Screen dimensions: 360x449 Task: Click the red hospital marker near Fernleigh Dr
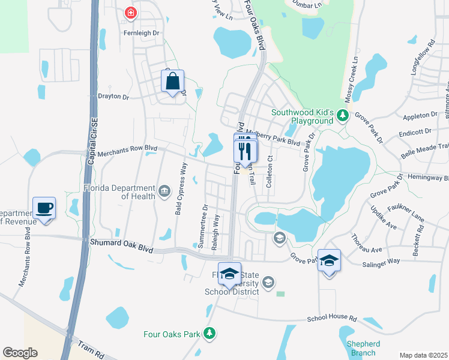point(130,13)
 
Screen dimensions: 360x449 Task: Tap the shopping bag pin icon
point(173,81)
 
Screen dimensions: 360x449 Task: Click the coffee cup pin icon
point(44,208)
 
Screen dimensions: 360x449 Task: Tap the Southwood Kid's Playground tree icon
point(342,114)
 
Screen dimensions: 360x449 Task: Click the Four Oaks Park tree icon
point(209,332)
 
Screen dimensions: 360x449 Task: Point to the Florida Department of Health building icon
point(164,191)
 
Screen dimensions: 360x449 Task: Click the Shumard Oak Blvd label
point(121,245)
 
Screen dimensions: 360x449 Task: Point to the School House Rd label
point(332,319)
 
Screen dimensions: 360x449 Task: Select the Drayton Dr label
point(113,97)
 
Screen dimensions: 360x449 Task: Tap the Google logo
point(20,353)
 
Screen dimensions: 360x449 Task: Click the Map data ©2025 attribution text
point(423,355)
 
